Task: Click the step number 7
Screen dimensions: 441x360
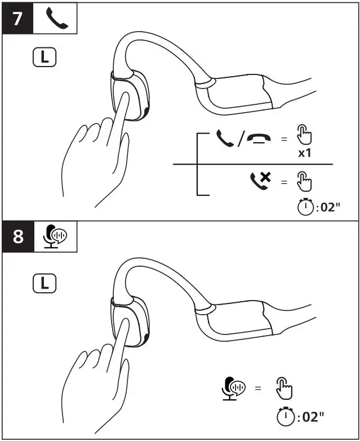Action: pyautogui.click(x=17, y=18)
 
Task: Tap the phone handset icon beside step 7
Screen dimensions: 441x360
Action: pyautogui.click(x=56, y=18)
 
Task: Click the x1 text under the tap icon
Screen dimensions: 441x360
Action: pyautogui.click(x=305, y=153)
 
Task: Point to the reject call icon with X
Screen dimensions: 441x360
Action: pyautogui.click(x=261, y=180)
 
